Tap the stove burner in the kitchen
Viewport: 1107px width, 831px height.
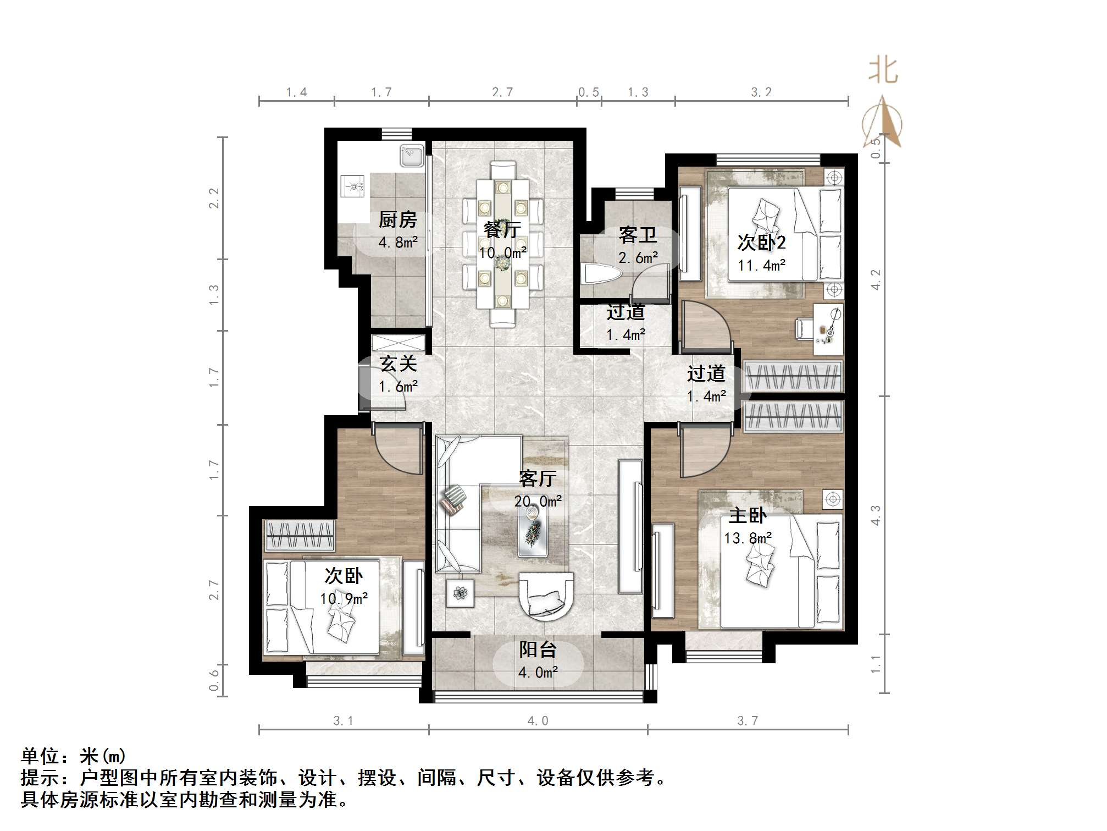(352, 186)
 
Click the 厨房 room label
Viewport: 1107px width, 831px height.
(397, 220)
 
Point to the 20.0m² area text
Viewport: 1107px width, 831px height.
(538, 502)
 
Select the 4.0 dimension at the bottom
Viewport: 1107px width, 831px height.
(538, 721)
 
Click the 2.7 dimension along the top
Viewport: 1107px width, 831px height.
(502, 92)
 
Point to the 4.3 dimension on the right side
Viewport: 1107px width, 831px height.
(876, 515)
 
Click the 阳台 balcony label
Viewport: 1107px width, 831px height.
(538, 650)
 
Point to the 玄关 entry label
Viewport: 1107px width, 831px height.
(398, 364)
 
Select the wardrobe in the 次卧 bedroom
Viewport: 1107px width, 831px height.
(300, 535)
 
